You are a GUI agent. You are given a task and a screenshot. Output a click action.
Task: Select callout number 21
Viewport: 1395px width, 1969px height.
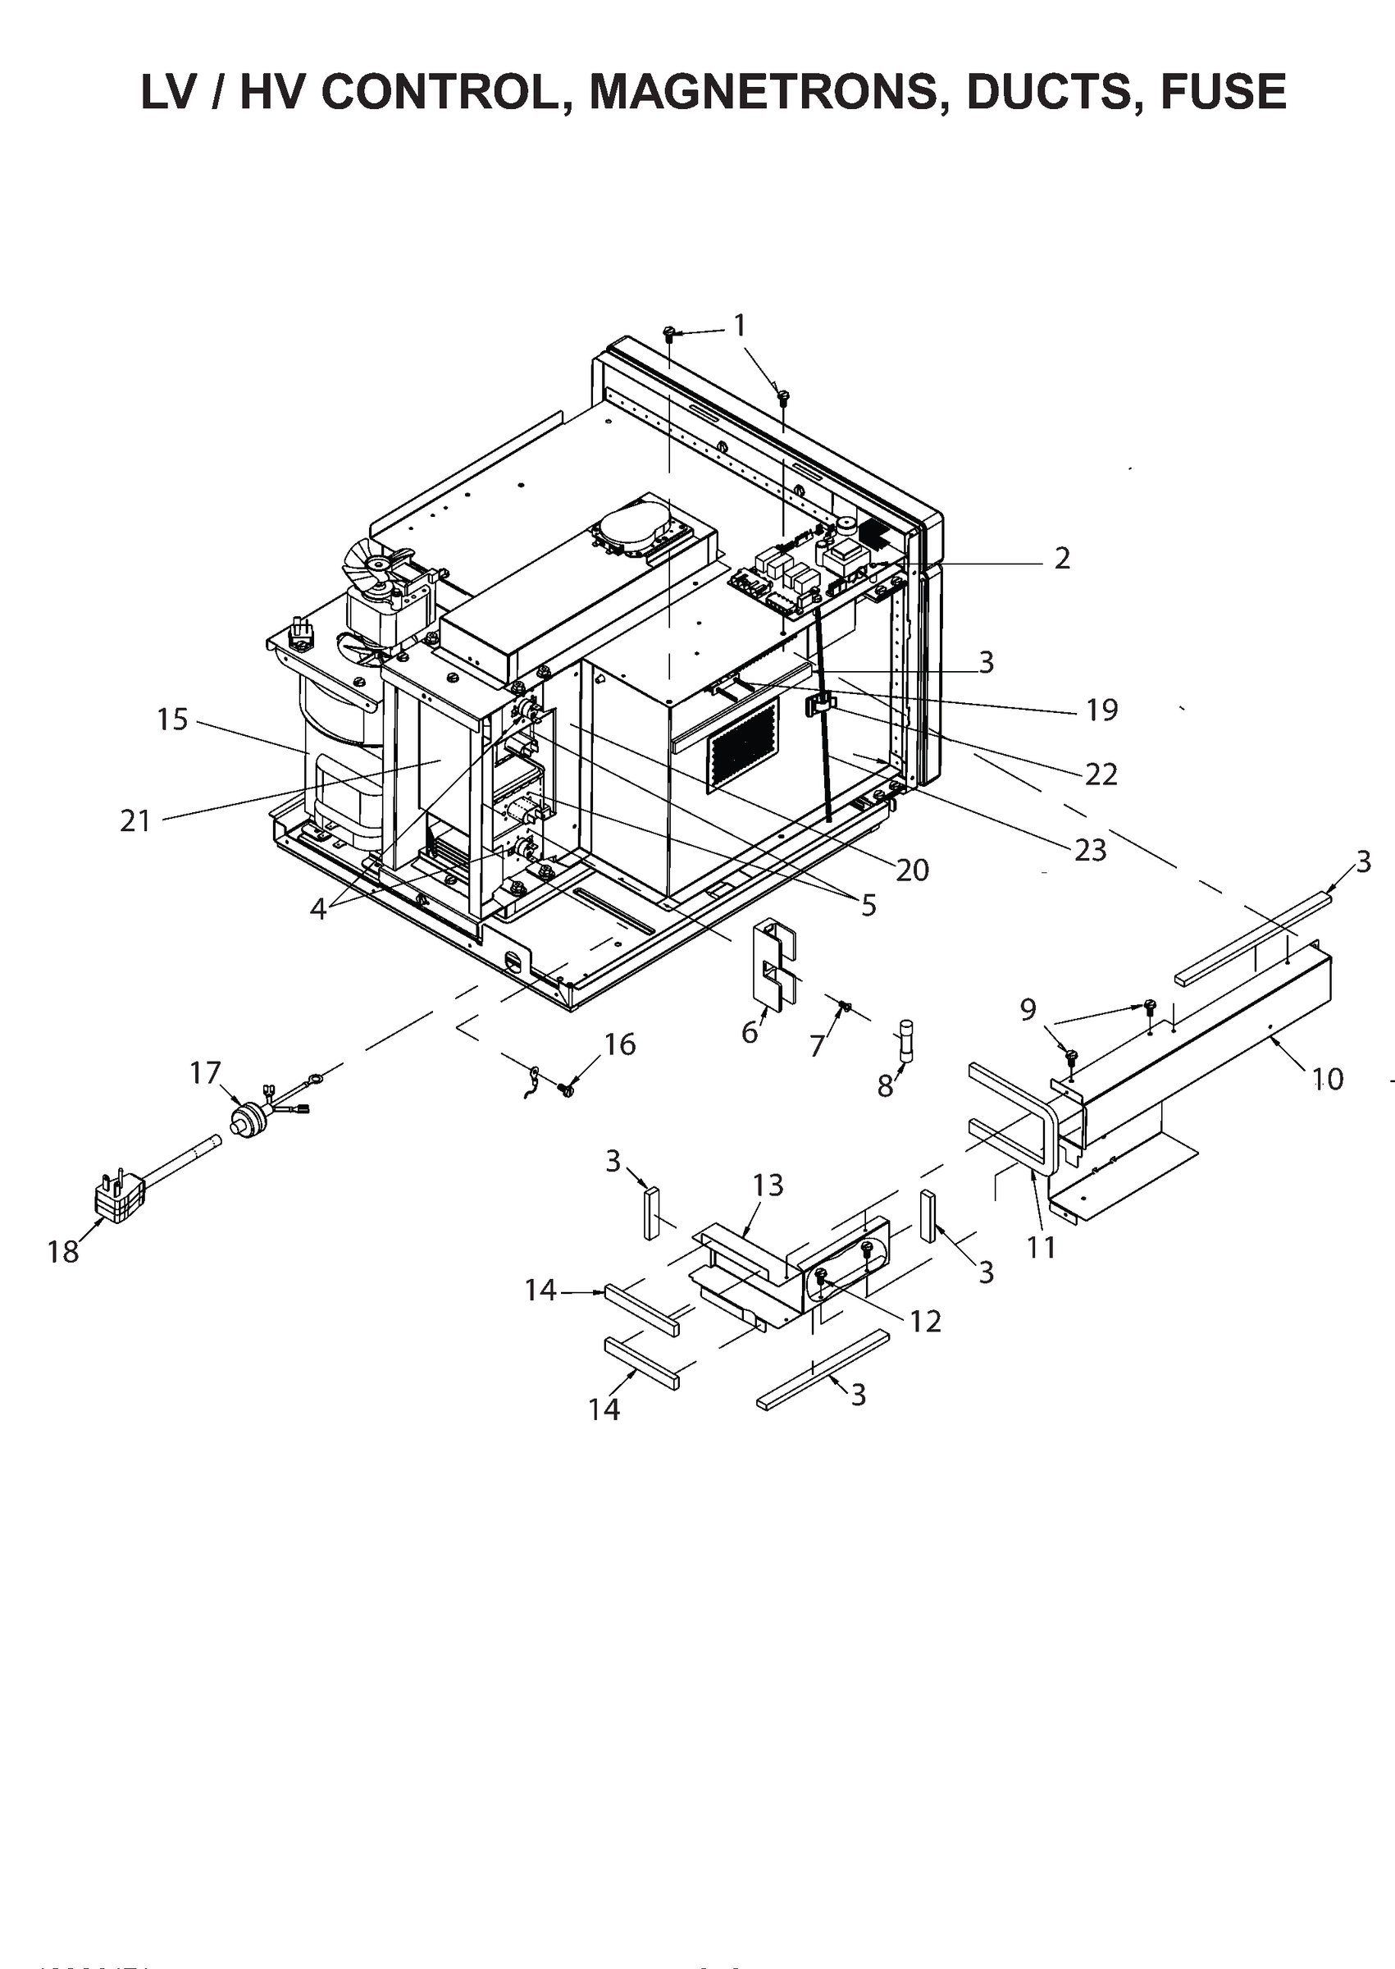[135, 821]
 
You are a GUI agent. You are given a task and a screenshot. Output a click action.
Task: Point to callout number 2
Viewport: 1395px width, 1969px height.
[1062, 559]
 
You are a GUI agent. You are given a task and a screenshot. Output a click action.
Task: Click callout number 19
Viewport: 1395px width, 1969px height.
[1101, 710]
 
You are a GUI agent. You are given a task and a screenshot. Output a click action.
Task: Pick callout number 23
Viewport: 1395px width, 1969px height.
[1090, 850]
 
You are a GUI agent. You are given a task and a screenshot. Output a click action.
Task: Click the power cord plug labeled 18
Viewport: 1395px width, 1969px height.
[119, 1197]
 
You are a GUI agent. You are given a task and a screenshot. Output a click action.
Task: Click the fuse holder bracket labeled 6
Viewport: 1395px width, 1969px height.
[775, 962]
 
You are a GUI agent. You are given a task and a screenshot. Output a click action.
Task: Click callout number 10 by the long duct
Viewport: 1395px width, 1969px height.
[1327, 1079]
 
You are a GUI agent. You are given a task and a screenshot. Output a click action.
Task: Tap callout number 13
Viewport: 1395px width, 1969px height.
[768, 1186]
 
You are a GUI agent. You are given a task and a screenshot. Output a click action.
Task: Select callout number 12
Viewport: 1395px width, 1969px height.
[925, 1320]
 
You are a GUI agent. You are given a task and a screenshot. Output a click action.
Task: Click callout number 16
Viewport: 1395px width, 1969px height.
[619, 1044]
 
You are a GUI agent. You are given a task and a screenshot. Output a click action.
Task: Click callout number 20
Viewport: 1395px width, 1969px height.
[912, 870]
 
